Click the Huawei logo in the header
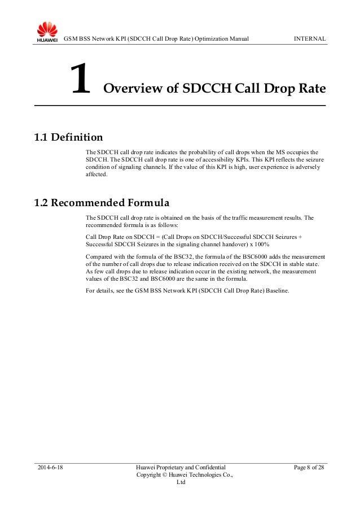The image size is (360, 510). (x=47, y=32)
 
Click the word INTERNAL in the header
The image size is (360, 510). (x=309, y=38)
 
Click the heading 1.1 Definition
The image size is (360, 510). (x=68, y=137)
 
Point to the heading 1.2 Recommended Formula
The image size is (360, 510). (x=102, y=202)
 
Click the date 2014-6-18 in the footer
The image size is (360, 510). (x=50, y=468)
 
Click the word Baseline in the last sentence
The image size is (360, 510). (x=278, y=291)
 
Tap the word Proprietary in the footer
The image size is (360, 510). (x=176, y=468)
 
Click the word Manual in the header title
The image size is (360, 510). (x=239, y=38)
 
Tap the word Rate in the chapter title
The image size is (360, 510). (x=310, y=89)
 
